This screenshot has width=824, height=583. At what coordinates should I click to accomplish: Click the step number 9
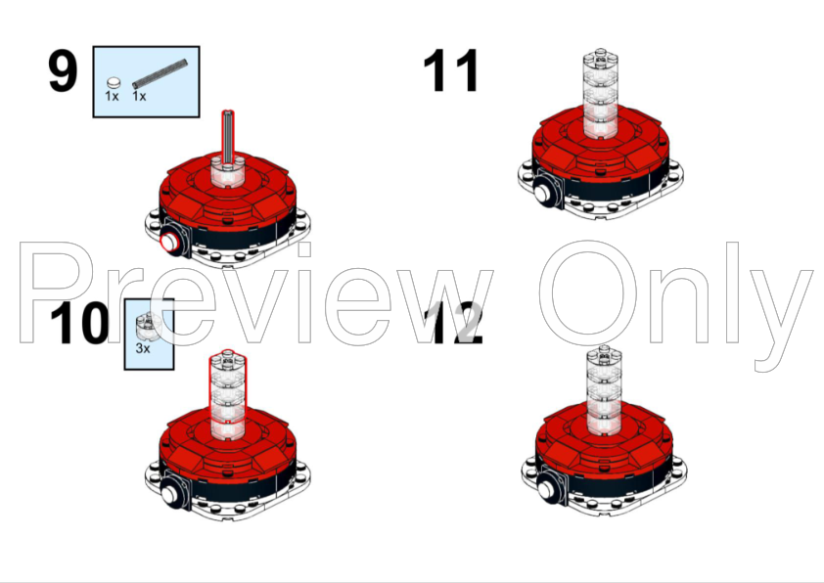63,71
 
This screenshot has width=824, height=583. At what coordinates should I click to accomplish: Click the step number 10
79,324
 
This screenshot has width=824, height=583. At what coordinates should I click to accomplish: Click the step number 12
456,324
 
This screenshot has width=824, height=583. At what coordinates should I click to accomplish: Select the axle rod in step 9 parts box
160,73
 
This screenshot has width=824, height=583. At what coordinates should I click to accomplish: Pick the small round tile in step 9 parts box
114,82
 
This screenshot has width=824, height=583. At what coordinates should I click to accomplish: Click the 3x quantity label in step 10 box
143,348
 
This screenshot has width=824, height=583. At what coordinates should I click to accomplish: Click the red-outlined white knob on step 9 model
169,243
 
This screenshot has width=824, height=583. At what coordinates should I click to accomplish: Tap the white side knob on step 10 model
170,494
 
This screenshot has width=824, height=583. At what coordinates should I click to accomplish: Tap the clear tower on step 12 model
604,390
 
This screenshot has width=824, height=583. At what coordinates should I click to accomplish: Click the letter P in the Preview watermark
55,292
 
